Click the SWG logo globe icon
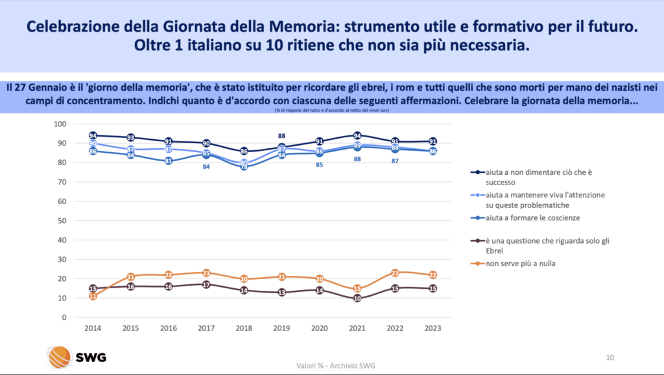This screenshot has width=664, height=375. (60, 357)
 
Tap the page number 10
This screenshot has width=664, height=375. (610, 357)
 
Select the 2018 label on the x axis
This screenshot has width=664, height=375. (244, 328)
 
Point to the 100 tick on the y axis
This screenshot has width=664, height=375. (60, 124)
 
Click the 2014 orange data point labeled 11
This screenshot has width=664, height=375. (93, 296)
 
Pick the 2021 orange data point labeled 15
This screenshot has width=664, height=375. (357, 288)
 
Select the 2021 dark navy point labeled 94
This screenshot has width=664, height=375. (357, 135)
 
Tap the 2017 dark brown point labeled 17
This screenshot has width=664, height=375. (206, 284)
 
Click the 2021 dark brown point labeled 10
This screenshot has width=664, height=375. (357, 298)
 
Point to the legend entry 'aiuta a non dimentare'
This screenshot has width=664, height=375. (541, 177)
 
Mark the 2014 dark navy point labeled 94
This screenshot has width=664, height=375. (93, 136)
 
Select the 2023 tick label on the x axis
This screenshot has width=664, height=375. (433, 328)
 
